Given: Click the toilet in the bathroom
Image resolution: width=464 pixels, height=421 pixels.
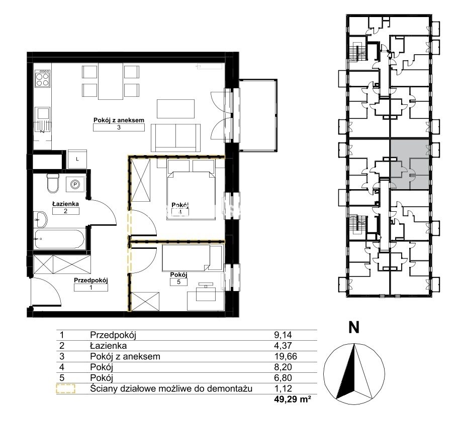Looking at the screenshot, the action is tap(53, 183).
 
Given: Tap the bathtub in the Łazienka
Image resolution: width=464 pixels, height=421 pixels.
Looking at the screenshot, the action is tap(59, 239).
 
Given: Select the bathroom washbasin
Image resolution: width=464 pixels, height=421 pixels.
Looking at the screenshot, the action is tap(40, 219).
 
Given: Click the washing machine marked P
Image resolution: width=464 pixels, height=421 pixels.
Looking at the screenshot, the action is tap(75, 185).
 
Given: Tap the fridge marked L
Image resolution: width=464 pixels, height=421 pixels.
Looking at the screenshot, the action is tap(77, 159).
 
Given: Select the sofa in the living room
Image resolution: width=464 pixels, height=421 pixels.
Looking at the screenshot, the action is tap(175, 138).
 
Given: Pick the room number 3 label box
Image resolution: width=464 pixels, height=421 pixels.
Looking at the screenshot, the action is tap(119, 127).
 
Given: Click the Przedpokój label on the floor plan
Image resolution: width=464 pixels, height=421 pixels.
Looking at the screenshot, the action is tap(91, 280).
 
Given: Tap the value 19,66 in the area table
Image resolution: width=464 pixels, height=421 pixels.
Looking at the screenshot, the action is tap(286, 356).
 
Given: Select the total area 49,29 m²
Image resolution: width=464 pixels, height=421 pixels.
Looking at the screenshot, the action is tap(293, 400).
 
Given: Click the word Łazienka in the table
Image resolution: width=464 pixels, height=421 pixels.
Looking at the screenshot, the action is tap(108, 345).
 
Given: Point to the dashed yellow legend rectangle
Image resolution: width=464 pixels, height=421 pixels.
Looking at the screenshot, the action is tap(66, 389).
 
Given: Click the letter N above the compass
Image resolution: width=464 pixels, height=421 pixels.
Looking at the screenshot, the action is tap(354, 327).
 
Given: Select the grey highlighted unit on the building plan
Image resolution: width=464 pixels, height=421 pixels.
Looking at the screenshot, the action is tap(409, 164).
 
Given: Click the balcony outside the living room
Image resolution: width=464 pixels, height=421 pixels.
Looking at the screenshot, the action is tap(257, 115).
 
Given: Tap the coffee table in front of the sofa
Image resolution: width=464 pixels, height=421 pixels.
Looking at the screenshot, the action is tap(175, 109).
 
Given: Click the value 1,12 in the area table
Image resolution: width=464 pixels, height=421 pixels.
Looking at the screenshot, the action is tap(283, 388).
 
